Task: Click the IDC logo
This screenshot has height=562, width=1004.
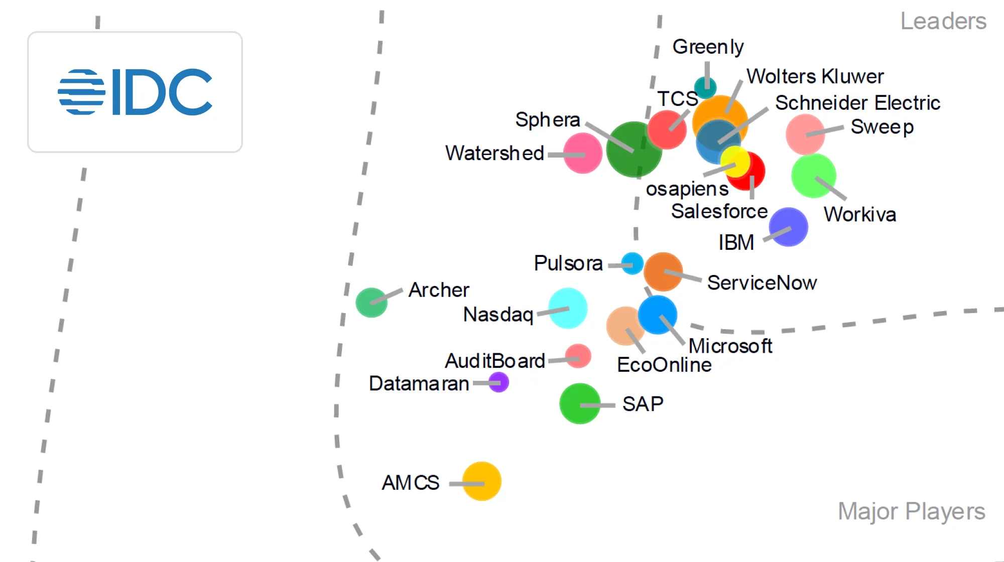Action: coord(135,92)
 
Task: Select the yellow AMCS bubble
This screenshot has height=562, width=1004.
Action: coord(481,481)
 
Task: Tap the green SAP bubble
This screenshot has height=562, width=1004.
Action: coord(580,403)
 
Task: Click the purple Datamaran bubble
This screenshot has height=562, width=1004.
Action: coord(498,382)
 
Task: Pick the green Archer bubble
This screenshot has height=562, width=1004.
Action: coord(371,303)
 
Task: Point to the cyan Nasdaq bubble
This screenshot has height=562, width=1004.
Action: coord(568,308)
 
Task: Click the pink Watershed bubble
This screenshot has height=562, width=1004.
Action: coord(582,153)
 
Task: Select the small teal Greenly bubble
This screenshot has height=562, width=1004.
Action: coord(705,88)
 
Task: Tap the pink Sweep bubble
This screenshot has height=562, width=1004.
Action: coord(805,134)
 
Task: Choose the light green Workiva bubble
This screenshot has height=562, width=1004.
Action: coord(813,176)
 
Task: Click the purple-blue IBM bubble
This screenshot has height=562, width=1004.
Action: coord(788,227)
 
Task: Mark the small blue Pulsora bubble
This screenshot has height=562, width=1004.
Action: coord(632,263)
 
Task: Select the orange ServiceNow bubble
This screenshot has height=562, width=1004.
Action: coord(663,271)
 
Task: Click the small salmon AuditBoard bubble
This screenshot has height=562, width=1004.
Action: coord(578,356)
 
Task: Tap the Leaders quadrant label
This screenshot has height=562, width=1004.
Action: coord(943,21)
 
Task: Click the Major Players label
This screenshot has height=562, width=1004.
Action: coord(911,511)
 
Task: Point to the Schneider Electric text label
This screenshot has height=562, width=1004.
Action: coord(857,103)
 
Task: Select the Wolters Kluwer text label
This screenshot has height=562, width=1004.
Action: coord(815,76)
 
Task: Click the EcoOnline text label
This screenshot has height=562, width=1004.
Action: coord(664,365)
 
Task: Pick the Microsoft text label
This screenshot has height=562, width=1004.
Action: coord(730,346)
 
